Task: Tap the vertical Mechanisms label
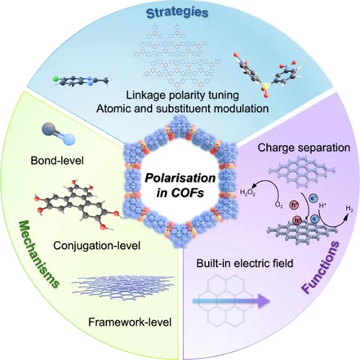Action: (39, 254)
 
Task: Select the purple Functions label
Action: (321, 267)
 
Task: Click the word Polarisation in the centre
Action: (180, 179)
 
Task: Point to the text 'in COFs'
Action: (180, 193)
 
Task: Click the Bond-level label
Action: (57, 161)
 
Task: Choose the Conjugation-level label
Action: (96, 246)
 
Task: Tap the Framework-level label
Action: (130, 322)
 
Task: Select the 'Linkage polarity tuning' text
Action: (182, 95)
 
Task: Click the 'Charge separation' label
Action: (304, 148)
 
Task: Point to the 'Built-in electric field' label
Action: (245, 264)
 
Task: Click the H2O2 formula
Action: (248, 193)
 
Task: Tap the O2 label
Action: (279, 206)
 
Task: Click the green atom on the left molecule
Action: (55, 78)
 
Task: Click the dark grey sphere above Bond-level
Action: (49, 130)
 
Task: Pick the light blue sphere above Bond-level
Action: (68, 140)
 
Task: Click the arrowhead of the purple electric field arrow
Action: (264, 301)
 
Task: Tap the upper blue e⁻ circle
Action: (313, 199)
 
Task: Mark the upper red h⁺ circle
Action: (294, 205)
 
